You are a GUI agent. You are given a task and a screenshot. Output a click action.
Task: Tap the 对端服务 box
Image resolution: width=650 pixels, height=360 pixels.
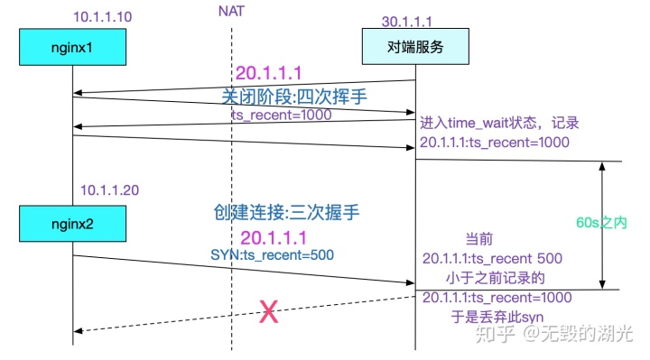tap(414, 47)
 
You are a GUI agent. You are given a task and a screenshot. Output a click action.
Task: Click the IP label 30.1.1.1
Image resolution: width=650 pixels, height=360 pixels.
tap(407, 19)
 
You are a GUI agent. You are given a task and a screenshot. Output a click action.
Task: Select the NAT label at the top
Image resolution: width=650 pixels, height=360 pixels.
tap(230, 11)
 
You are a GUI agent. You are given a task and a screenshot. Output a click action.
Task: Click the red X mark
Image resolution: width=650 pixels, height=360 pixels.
tap(268, 313)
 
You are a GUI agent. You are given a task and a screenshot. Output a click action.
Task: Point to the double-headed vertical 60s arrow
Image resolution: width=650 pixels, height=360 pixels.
tap(603, 225)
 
